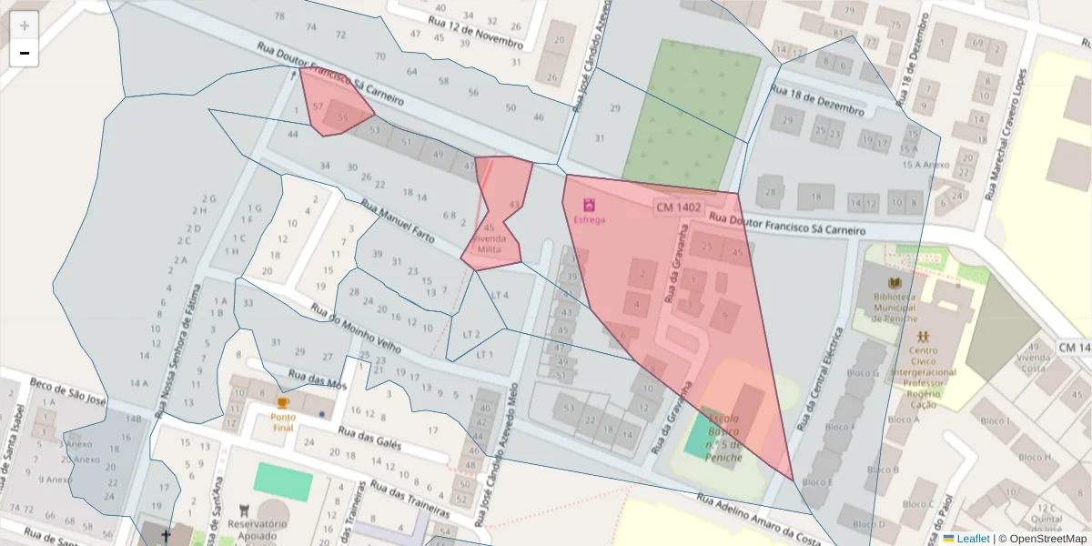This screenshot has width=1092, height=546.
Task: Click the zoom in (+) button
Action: point(25,25)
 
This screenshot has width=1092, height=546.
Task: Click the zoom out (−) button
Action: point(25,53)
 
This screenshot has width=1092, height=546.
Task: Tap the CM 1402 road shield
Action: point(678,207)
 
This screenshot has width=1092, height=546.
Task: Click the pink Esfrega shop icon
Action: point(589,205)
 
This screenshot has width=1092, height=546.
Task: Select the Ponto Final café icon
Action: point(283,403)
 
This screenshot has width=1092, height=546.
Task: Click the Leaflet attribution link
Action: point(973,539)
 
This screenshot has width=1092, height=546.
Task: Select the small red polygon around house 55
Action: point(334,103)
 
